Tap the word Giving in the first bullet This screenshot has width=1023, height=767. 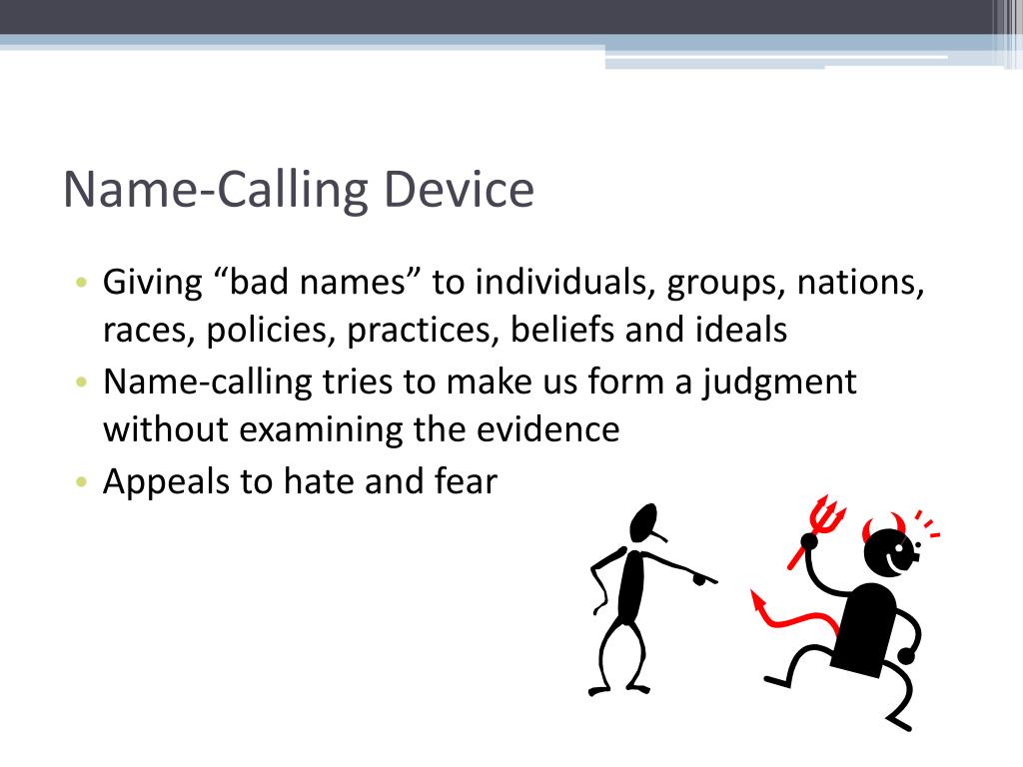[153, 284]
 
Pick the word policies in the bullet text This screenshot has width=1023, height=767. [272, 331]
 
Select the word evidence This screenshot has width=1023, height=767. [558, 430]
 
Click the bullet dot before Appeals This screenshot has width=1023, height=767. [81, 482]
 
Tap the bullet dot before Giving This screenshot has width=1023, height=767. [81, 284]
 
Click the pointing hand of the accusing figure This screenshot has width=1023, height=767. [705, 576]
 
